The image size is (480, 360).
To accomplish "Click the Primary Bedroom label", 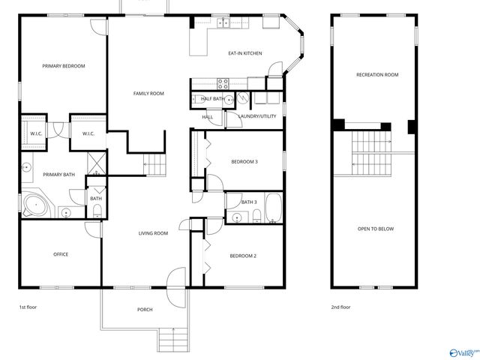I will point(63,66).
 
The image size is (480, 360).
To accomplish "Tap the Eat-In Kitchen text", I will point(244,53).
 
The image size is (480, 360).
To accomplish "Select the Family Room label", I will point(148,93).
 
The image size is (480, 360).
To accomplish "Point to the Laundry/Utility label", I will point(257,116).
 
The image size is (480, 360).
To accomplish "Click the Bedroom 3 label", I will point(244,162).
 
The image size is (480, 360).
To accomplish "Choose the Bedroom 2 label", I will point(243,256).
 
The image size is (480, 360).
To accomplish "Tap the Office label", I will point(61,254).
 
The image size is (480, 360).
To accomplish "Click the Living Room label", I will point(153,233).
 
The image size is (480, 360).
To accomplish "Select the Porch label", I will point(145,310).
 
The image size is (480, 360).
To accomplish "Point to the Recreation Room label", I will point(376,75).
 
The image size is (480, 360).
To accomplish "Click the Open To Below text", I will point(376,229).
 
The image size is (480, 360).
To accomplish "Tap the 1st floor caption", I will point(27,307).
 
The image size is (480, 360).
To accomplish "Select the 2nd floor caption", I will point(340,307).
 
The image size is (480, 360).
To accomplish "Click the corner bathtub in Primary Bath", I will point(33,206).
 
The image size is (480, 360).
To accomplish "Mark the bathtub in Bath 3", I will point(274,209).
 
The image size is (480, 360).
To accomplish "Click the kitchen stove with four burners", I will point(223,83).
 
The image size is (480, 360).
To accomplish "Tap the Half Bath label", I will point(213,99).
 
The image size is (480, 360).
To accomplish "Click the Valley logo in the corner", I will point(463,352).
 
